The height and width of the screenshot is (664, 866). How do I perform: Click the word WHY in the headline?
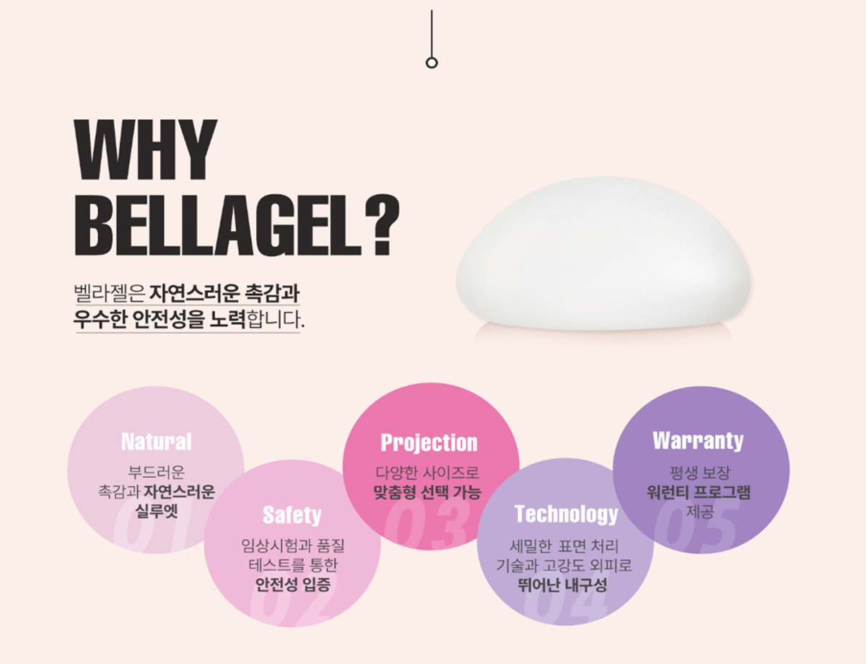pos(146,150)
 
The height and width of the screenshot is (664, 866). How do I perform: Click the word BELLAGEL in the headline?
pos(218,225)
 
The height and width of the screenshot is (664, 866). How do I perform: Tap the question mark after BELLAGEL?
pos(382,225)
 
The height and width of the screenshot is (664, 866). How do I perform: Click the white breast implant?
pos(603,254)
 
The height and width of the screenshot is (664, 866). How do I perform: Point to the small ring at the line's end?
pos(432,63)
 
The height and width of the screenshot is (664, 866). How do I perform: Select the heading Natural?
pos(156,442)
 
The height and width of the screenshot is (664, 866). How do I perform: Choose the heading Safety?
pos(292,515)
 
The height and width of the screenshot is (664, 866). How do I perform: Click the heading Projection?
pos(429,443)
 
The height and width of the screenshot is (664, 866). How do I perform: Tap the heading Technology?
pos(566,514)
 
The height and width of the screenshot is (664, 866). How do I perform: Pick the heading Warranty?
pos(698,441)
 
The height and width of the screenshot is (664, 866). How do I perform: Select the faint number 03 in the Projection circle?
pos(426,524)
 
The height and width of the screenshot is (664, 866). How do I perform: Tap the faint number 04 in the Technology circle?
pos(566,598)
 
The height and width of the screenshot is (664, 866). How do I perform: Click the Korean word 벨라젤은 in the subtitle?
pos(109,294)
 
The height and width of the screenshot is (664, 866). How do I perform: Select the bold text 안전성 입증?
pos(293,585)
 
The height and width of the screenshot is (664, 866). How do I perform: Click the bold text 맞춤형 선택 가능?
pos(427,492)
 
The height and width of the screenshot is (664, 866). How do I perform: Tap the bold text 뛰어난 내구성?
pos(562,585)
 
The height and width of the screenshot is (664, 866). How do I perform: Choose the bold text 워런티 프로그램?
pos(699,492)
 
